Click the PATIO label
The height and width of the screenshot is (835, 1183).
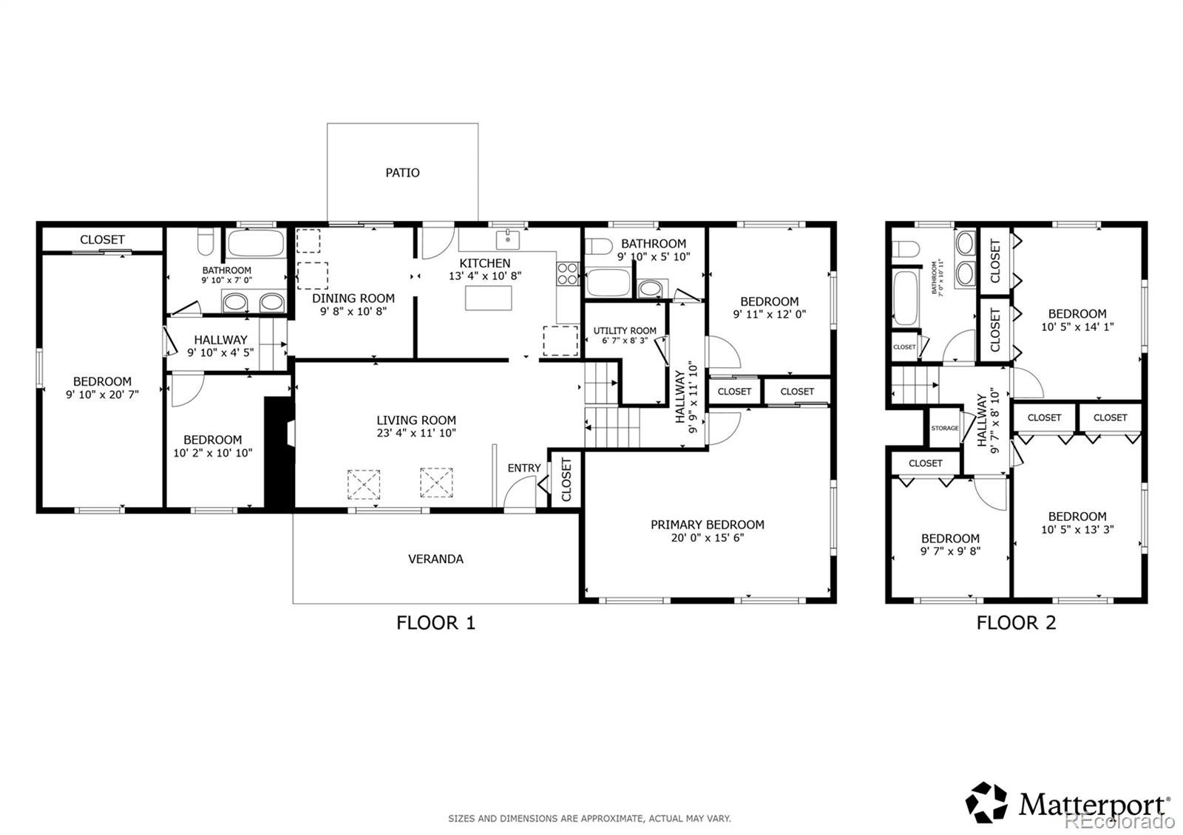[402, 173]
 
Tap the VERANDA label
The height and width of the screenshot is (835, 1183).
[435, 559]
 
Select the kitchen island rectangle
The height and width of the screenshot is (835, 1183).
[489, 298]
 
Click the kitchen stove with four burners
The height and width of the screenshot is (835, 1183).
[568, 274]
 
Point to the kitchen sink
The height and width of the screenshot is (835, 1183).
[507, 239]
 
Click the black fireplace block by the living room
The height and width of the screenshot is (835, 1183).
[279, 454]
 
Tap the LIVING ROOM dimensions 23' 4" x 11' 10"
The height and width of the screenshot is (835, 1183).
[416, 433]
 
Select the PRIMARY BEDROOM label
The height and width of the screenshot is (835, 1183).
[707, 525]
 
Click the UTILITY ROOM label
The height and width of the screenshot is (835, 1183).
[625, 330]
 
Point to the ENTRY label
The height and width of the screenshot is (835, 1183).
[524, 468]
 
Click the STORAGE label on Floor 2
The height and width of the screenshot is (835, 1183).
[945, 428]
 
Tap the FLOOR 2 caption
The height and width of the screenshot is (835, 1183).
[1016, 623]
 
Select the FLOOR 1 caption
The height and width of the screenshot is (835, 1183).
[435, 623]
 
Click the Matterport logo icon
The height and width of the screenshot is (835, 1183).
[986, 802]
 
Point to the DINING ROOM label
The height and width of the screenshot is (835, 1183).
[353, 299]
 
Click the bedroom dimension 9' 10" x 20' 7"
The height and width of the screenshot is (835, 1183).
[102, 395]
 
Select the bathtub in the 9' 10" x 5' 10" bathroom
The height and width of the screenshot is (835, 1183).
[609, 282]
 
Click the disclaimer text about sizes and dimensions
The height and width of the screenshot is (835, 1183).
[589, 819]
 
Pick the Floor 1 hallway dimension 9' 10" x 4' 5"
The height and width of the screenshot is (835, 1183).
[221, 352]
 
